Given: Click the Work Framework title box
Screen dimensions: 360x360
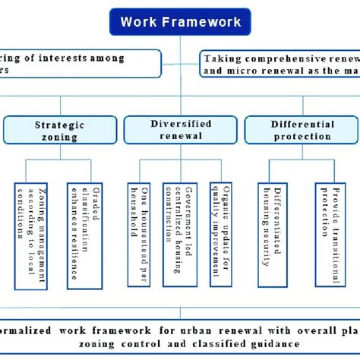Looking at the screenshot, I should tap(180, 21).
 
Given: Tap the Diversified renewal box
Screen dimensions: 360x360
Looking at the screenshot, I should tap(175, 131).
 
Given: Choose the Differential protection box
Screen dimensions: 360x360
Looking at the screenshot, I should tap(302, 131).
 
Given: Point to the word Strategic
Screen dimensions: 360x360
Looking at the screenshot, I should tap(60, 125).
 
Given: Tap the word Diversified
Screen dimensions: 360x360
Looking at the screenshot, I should tap(176, 125).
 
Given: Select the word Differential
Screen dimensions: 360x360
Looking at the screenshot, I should tap(302, 125).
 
